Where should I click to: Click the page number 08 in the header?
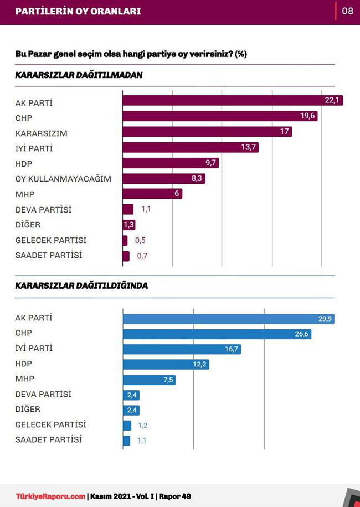[347, 11]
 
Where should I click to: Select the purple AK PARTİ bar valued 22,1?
[232, 100]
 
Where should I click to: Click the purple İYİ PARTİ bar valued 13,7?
[190, 147]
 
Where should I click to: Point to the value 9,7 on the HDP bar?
[211, 163]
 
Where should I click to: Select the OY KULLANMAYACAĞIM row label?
[63, 179]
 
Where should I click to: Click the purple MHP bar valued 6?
[152, 194]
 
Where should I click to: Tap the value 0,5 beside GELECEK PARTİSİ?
[141, 240]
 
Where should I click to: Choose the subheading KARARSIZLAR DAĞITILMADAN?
[79, 75]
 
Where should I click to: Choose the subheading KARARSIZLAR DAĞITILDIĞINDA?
[81, 286]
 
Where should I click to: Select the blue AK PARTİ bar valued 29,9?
[229, 319]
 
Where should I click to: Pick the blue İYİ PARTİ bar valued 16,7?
[182, 349]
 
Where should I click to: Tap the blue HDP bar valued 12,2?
[166, 364]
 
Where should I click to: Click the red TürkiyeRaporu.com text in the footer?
[50, 496]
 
